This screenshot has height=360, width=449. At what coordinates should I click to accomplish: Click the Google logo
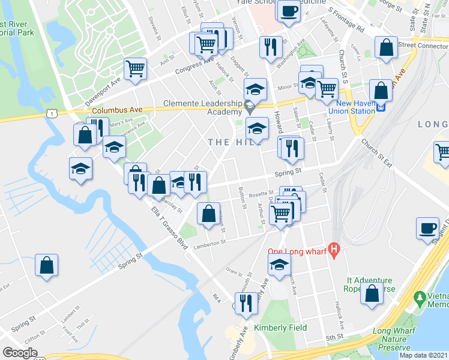(x=20, y=353)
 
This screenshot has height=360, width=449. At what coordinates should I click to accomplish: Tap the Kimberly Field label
(x=280, y=328)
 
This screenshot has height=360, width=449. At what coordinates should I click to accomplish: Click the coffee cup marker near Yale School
(x=289, y=11)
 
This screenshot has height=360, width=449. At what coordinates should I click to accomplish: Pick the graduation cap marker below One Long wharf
(x=279, y=265)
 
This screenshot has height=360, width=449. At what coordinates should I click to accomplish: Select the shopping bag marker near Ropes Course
(x=373, y=294)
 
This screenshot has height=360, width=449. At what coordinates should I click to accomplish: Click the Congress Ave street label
(x=194, y=66)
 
